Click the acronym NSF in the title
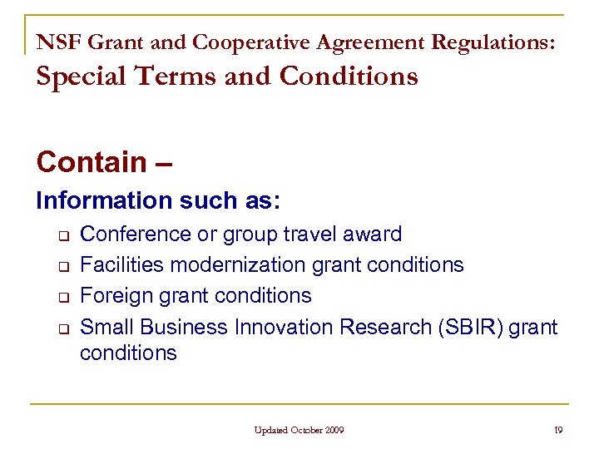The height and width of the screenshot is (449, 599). point(55,41)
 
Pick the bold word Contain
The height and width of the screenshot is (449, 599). point(92,161)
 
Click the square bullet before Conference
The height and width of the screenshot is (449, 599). point(62,235)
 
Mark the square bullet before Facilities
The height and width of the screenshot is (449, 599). point(62,266)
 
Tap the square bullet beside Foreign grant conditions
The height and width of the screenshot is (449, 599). point(62,297)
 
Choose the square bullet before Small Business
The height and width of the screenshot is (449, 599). point(62,328)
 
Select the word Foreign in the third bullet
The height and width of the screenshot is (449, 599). point(114,296)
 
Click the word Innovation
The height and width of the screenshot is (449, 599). point(276,327)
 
